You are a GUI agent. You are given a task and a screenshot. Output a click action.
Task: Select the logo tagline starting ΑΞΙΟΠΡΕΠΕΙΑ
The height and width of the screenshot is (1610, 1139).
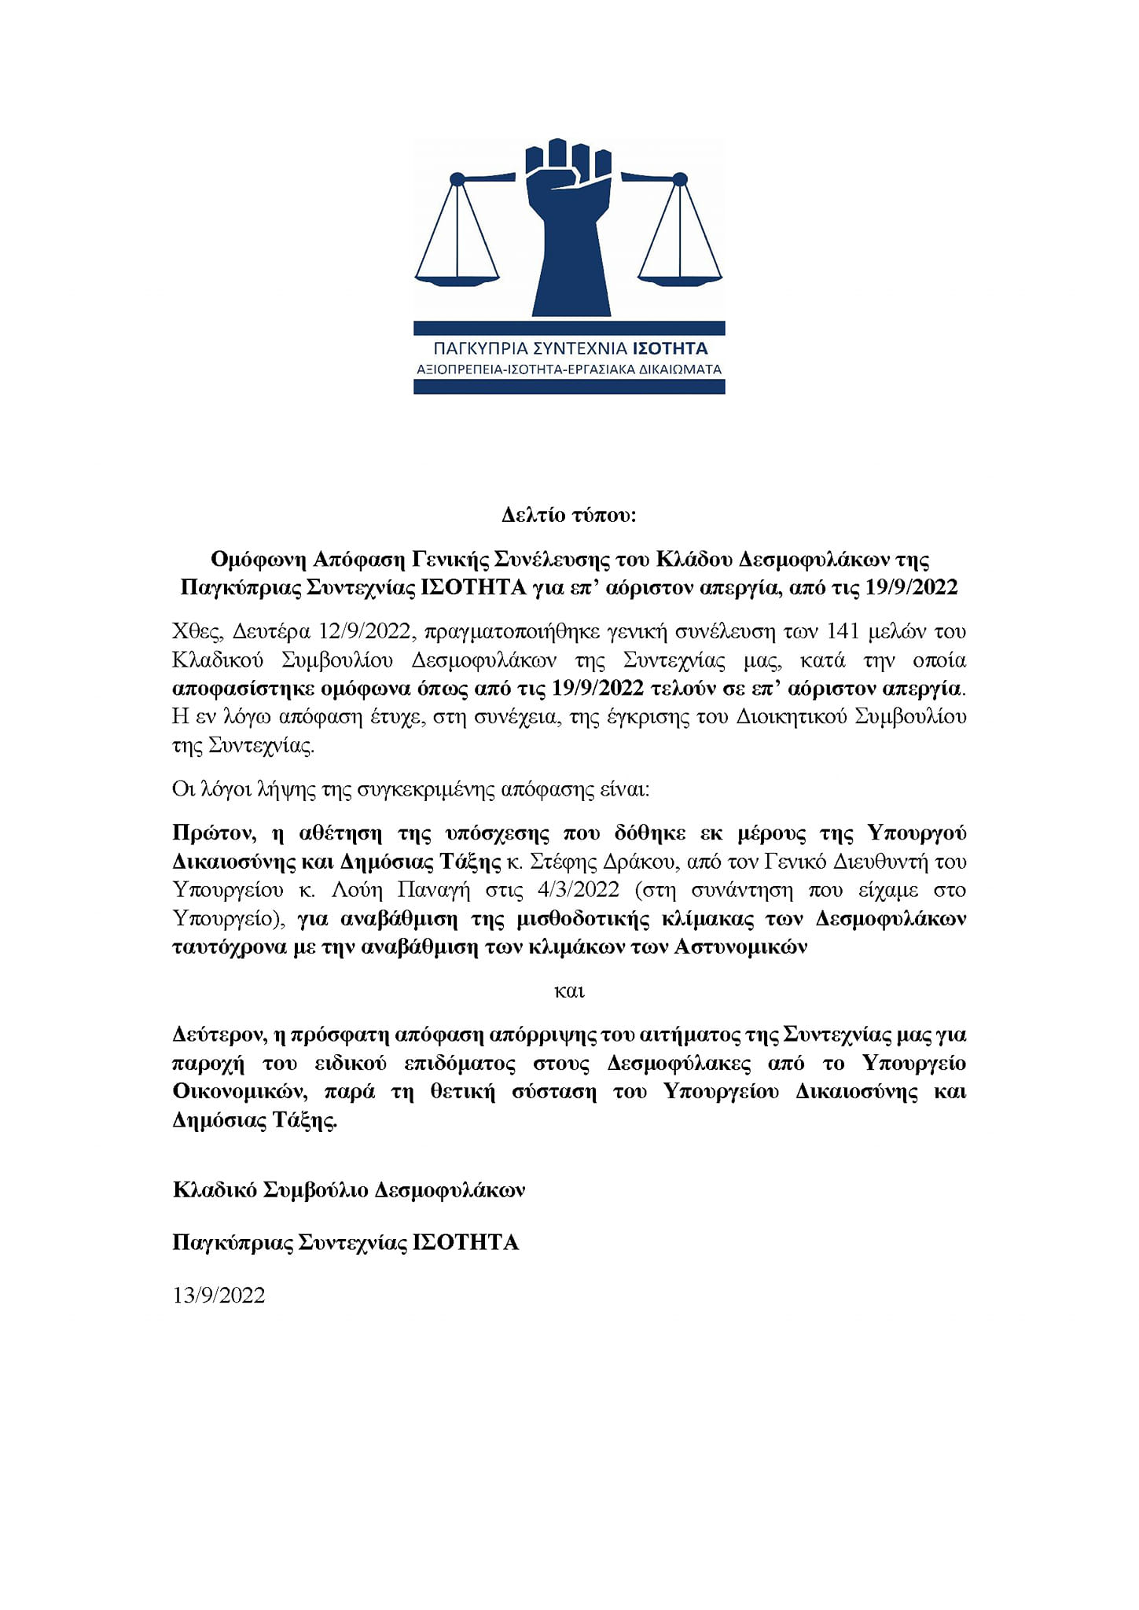pyautogui.click(x=568, y=369)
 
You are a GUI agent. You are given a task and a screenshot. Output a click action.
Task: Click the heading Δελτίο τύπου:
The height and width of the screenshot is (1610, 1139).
pyautogui.click(x=568, y=516)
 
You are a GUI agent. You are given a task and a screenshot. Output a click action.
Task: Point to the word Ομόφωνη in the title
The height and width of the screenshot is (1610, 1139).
pyautogui.click(x=258, y=560)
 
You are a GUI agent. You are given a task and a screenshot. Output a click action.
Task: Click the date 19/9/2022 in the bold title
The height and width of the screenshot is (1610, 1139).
pyautogui.click(x=911, y=588)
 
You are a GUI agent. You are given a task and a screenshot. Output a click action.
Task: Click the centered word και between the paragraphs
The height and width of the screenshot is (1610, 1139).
pyautogui.click(x=569, y=991)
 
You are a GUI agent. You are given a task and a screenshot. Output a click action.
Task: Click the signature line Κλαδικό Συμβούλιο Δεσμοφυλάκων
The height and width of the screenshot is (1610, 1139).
pyautogui.click(x=349, y=1190)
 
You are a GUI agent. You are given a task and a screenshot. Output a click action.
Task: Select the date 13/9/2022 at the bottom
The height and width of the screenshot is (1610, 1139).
pyautogui.click(x=219, y=1296)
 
